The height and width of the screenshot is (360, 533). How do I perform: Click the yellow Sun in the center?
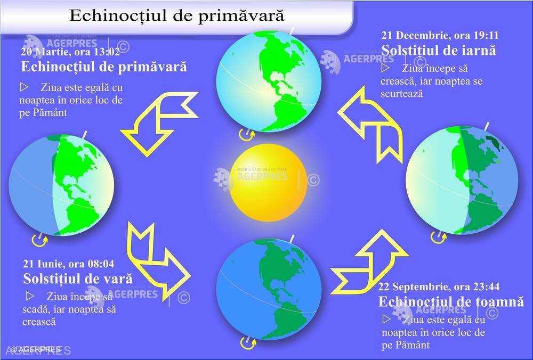click(268, 182)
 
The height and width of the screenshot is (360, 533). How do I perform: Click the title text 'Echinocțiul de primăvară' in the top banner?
click(177, 15)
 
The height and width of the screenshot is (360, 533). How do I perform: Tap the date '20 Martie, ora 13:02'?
click(70, 52)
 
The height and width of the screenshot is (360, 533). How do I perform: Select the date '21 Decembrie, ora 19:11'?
click(440, 35)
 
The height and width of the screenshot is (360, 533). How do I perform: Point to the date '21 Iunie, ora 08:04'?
click(69, 264)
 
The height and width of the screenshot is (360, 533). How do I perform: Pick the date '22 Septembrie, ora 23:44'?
click(439, 287)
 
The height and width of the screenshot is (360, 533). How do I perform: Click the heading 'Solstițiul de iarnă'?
click(439, 51)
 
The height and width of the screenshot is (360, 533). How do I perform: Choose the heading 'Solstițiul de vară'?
click(78, 279)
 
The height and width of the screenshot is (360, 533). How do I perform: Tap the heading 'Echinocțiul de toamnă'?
click(451, 301)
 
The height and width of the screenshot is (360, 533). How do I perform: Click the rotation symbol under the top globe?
click(246, 135)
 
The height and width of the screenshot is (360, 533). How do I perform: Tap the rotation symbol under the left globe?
click(39, 241)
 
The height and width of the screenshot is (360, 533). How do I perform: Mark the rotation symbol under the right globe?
click(438, 238)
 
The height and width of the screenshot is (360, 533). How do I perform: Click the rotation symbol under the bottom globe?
click(248, 343)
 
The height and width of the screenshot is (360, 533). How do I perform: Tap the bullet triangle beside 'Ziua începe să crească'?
click(385, 68)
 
